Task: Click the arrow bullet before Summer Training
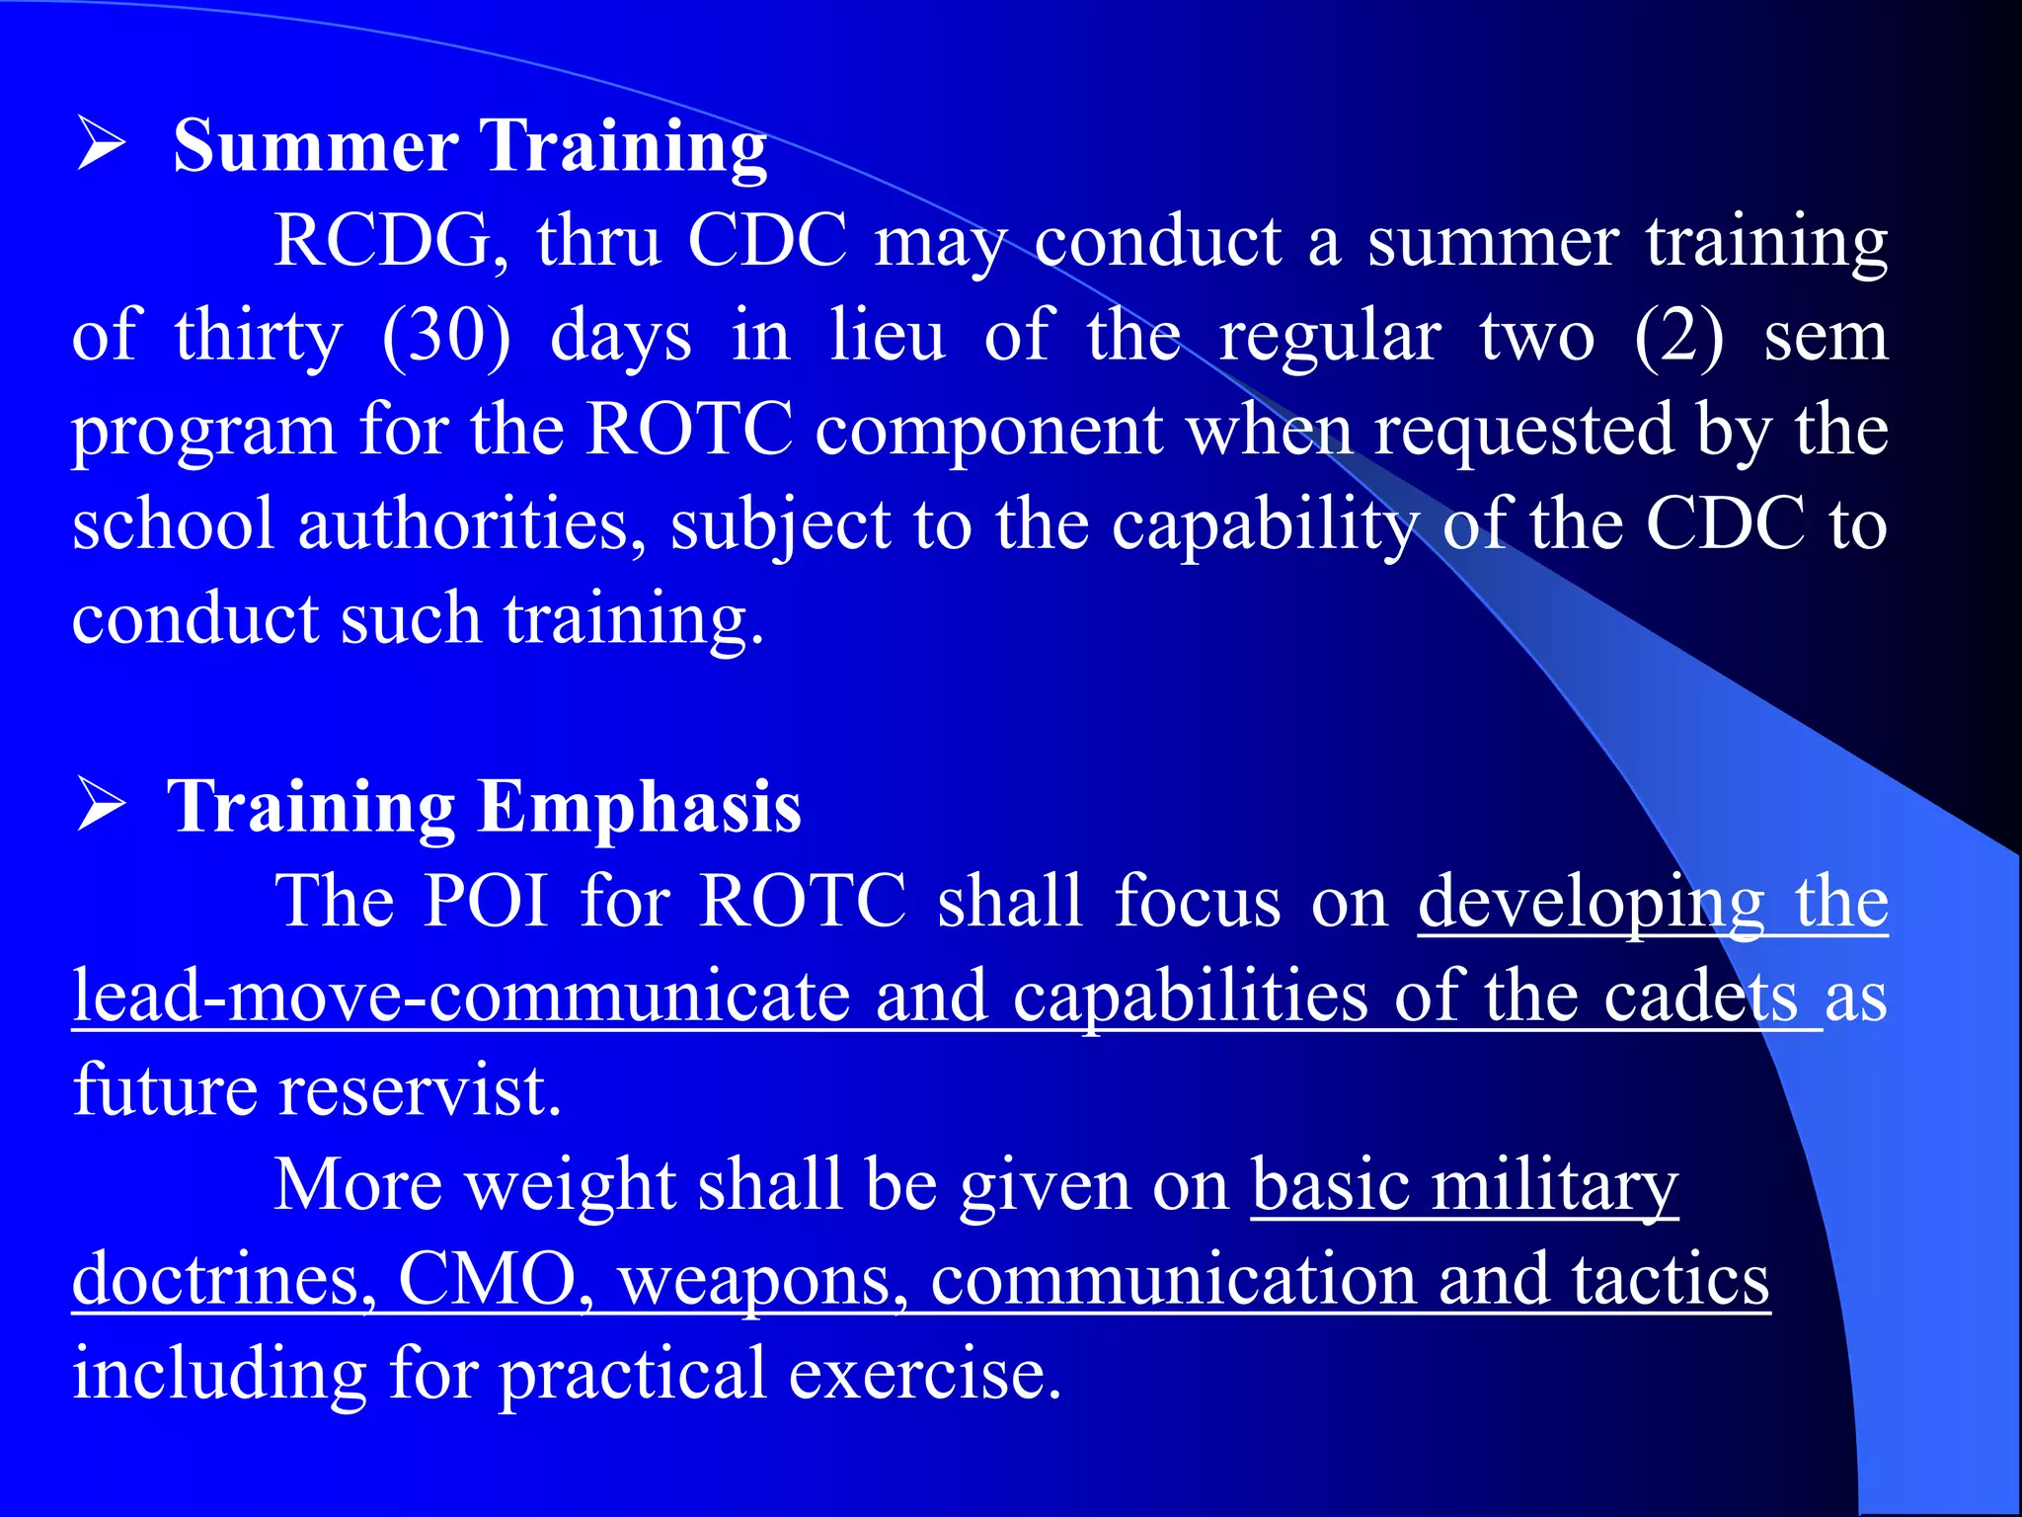[100, 145]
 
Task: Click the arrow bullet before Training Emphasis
[100, 805]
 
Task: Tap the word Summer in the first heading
[315, 146]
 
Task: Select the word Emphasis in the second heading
[640, 807]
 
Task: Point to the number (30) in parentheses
[446, 336]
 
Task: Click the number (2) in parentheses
[1679, 336]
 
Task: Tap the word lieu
[887, 336]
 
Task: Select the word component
[988, 432]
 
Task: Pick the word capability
[1265, 524]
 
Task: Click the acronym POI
[486, 900]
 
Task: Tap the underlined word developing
[1591, 902]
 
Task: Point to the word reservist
[420, 1090]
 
